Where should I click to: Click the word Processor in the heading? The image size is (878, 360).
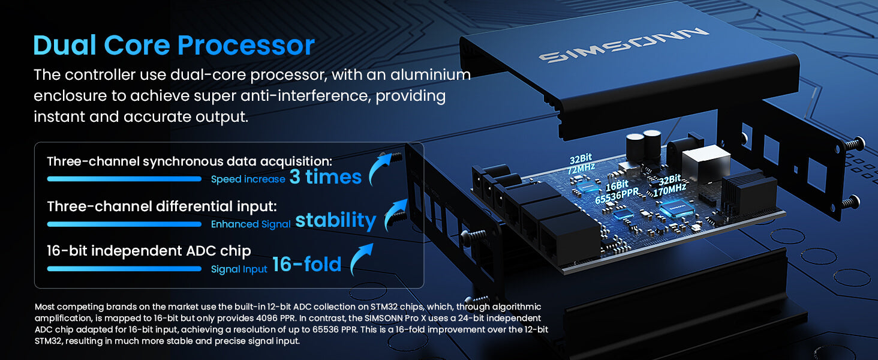coord(246,46)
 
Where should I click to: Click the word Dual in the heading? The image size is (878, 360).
coord(64,46)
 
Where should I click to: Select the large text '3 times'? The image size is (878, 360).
coord(325,177)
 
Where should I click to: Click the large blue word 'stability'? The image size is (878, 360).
coord(335,220)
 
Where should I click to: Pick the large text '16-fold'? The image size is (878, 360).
coord(306,265)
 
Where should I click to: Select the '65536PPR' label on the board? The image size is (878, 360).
coord(616,196)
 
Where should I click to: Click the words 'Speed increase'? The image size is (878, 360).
coord(248,179)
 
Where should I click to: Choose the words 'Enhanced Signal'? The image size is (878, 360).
coord(251,224)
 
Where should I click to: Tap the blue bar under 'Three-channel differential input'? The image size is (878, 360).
coord(124,224)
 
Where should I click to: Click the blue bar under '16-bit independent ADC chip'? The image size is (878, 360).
coord(124,269)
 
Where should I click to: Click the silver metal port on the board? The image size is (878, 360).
coord(705,161)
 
